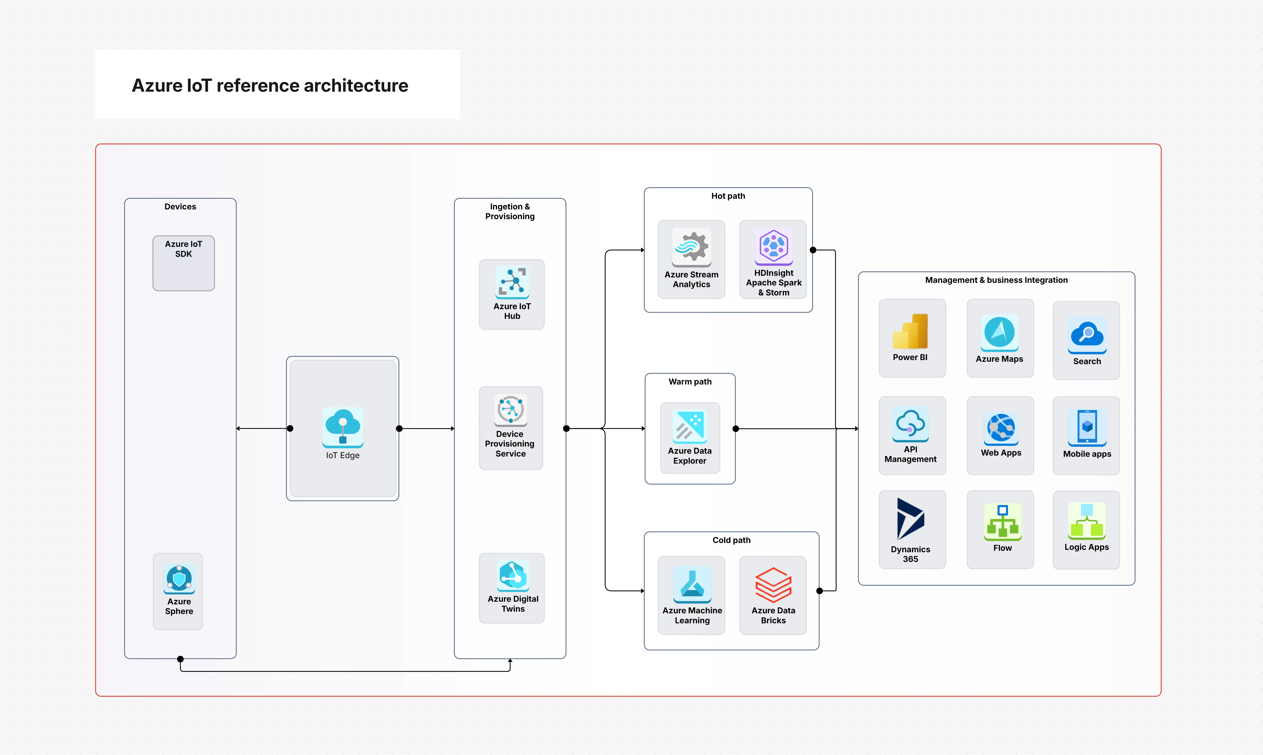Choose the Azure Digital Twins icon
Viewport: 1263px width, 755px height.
click(513, 575)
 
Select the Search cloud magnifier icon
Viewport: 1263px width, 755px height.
click(1087, 334)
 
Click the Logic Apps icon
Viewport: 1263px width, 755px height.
click(1086, 521)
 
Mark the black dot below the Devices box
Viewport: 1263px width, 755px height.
click(180, 659)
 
